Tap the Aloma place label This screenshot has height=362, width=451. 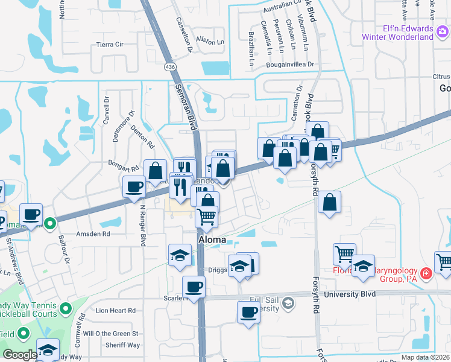pyautogui.click(x=213, y=240)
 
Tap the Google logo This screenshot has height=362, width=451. pyautogui.click(x=20, y=355)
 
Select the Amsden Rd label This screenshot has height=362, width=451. pyautogui.click(x=93, y=233)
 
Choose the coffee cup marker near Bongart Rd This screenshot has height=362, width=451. pyautogui.click(x=133, y=186)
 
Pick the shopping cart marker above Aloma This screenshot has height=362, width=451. pyautogui.click(x=207, y=216)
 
